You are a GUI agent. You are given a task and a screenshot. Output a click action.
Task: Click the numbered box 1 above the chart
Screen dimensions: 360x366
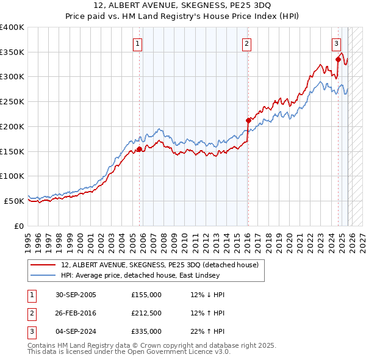pyautogui.click(x=138, y=43)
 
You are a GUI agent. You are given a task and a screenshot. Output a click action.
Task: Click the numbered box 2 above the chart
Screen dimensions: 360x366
pyautogui.click(x=246, y=43)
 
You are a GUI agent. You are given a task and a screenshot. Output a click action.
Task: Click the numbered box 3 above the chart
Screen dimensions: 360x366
pyautogui.click(x=336, y=43)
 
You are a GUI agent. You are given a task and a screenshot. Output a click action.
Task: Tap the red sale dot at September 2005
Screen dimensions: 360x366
pyautogui.click(x=139, y=149)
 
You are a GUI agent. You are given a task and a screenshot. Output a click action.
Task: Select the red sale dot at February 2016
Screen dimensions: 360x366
pyautogui.click(x=248, y=120)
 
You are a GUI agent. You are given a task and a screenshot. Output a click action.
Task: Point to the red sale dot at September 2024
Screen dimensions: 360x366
pyautogui.click(x=338, y=59)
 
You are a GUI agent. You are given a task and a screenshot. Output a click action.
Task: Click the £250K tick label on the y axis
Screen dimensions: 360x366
pyautogui.click(x=12, y=102)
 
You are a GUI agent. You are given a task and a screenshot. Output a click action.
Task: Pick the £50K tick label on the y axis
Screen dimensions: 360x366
pyautogui.click(x=15, y=201)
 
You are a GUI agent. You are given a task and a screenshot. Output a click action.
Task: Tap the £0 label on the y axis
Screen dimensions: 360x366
pyautogui.click(x=20, y=226)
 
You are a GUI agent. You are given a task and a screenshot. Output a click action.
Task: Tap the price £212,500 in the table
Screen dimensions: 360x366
pyautogui.click(x=146, y=314)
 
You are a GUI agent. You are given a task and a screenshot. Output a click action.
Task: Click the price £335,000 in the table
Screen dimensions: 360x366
pyautogui.click(x=146, y=332)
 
